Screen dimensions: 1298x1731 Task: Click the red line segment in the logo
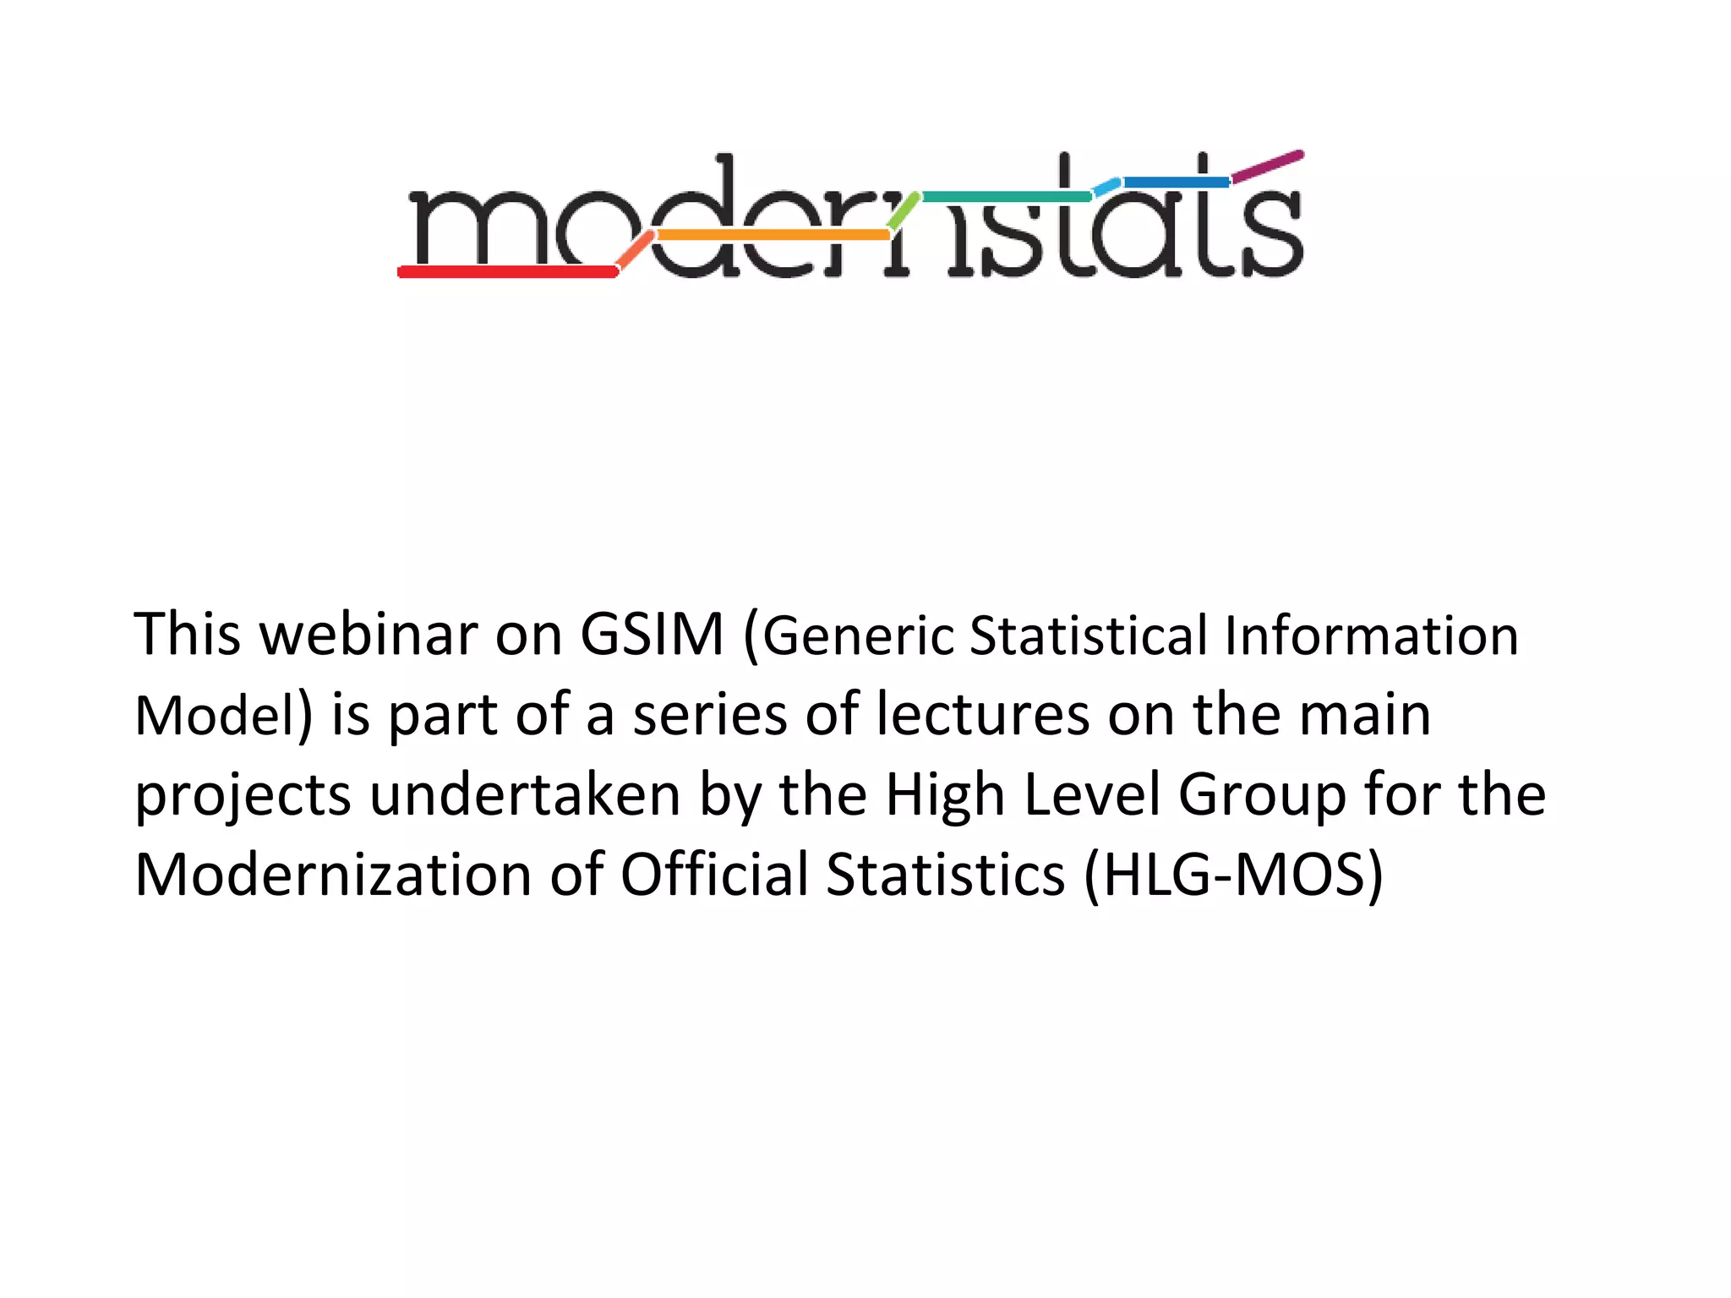[x=507, y=271]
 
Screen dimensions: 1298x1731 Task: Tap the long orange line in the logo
[x=772, y=234]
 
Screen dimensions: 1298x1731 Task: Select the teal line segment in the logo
[x=1006, y=197]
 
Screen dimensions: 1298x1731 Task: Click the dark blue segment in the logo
[x=1176, y=182]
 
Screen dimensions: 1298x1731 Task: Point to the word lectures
[x=983, y=715]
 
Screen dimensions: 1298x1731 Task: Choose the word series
[x=710, y=715]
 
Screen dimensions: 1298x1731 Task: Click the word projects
[x=243, y=796]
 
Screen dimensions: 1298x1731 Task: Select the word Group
[x=1262, y=796]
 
